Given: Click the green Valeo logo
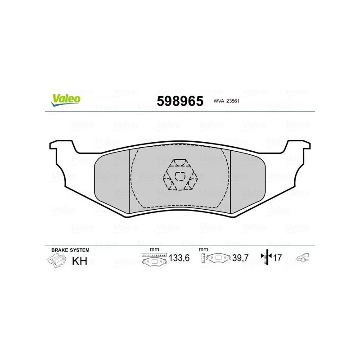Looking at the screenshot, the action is (x=66, y=100).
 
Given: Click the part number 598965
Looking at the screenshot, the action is (x=180, y=101).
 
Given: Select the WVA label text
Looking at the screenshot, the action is (x=219, y=101).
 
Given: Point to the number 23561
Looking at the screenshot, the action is (x=233, y=101).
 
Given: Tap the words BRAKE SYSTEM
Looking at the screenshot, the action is (x=70, y=250).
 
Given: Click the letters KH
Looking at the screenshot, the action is (x=80, y=261).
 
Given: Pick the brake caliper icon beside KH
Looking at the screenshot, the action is (x=57, y=261).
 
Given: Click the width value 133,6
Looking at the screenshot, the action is (x=179, y=258).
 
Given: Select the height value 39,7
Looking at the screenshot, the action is (x=240, y=258).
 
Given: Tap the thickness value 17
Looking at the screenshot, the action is (x=277, y=258).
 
